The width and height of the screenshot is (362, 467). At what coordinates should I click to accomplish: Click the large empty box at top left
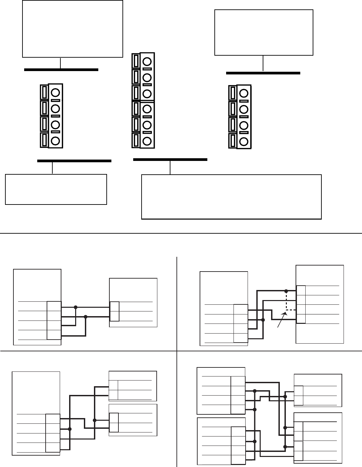(72, 29)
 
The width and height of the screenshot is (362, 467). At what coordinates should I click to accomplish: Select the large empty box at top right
(264, 33)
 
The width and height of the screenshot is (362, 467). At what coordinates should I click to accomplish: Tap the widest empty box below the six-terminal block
(231, 196)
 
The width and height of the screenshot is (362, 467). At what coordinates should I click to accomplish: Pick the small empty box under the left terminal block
(56, 189)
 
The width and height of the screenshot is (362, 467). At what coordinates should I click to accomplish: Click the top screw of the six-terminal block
(147, 62)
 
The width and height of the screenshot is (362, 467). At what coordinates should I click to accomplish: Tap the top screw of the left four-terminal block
(56, 93)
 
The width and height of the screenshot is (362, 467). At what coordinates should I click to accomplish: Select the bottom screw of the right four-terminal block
(244, 141)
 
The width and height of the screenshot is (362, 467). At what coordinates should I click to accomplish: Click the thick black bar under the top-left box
(61, 70)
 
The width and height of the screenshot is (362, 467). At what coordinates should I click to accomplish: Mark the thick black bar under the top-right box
(263, 73)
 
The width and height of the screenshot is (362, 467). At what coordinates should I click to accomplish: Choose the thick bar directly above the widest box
(170, 160)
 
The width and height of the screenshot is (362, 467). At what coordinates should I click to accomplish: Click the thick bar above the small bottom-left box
(74, 161)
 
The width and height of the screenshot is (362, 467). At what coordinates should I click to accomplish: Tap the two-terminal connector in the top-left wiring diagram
(114, 311)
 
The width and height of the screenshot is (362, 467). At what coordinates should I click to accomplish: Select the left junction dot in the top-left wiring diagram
(75, 307)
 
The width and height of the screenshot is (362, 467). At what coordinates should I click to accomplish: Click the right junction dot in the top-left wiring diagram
(86, 316)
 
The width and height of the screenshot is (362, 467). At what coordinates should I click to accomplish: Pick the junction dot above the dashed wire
(286, 291)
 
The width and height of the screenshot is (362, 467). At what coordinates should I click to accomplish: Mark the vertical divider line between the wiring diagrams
(177, 362)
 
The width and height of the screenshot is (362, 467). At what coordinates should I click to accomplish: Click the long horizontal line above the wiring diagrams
(181, 233)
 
